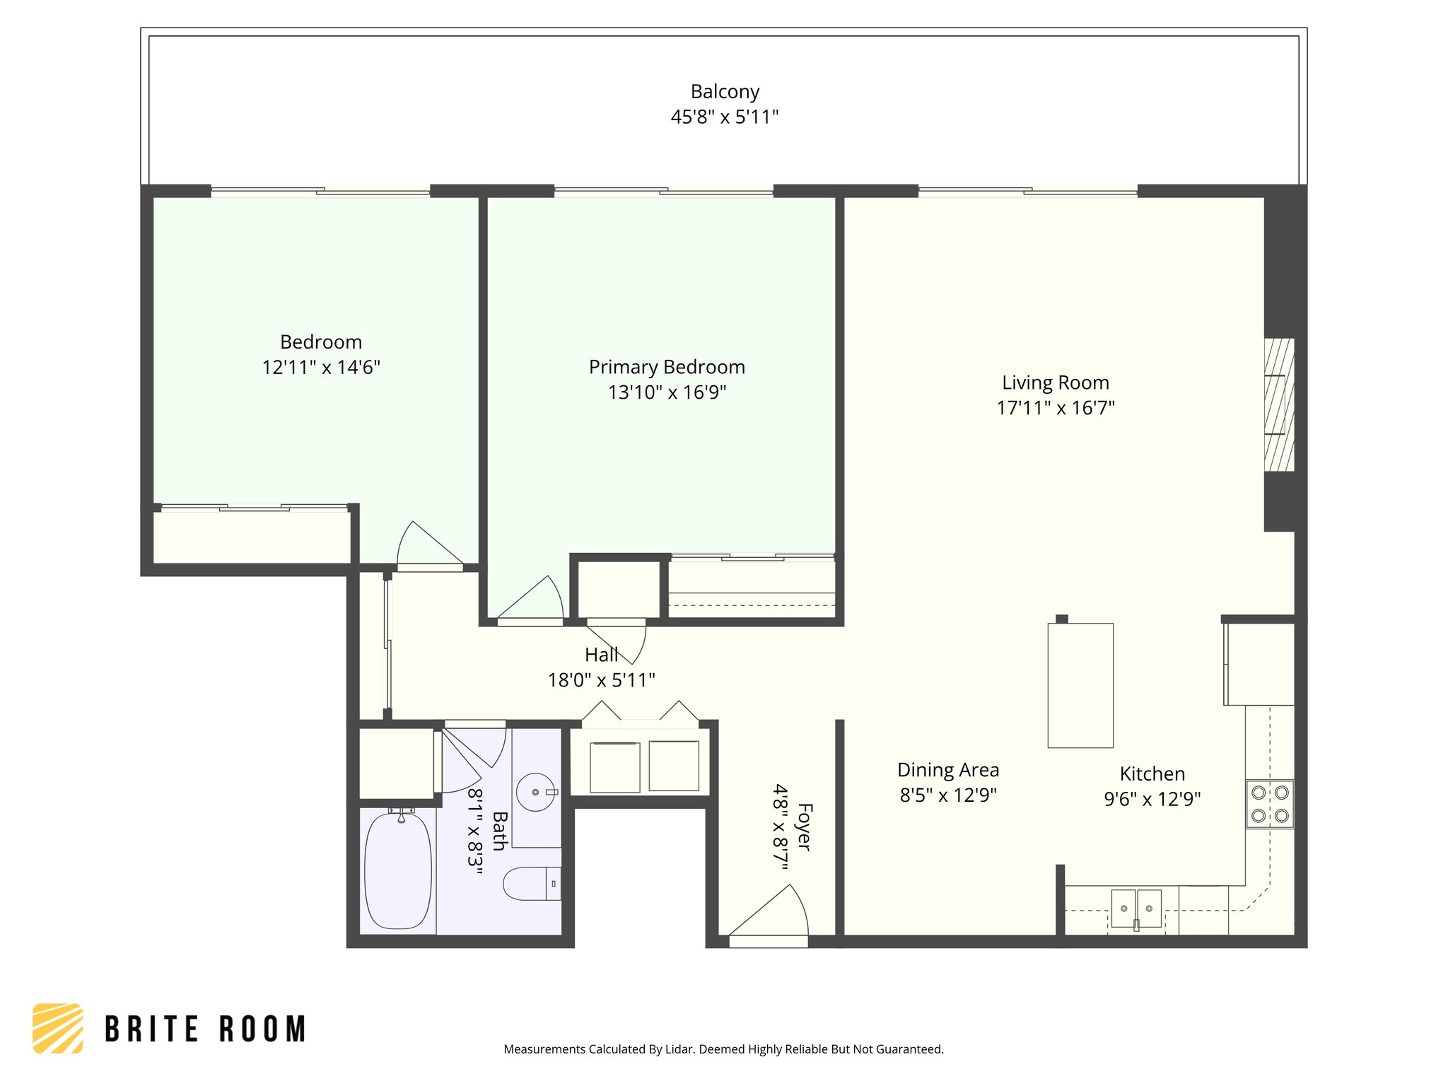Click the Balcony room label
(725, 92)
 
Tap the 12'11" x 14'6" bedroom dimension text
(321, 368)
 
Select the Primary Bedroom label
(667, 367)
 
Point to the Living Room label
(1055, 383)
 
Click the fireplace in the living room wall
(1278, 404)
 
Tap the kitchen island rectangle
(1080, 685)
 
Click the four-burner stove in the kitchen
(1270, 804)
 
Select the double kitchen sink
(1136, 909)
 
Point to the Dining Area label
(948, 770)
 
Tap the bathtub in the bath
(398, 870)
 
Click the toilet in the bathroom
(530, 883)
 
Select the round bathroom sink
(535, 792)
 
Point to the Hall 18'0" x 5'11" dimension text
(601, 680)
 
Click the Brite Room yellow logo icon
(58, 1028)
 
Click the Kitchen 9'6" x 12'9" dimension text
(1152, 799)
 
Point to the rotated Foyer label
(804, 826)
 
